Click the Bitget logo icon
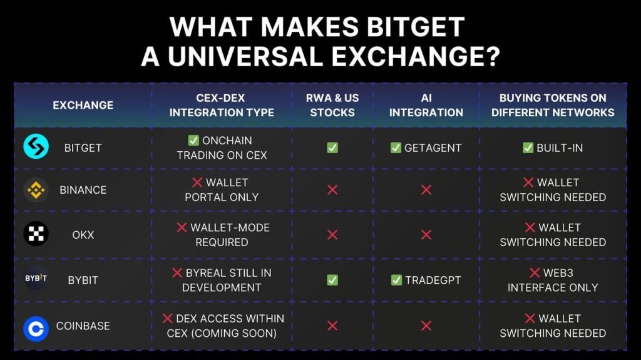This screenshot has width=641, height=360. point(36,146)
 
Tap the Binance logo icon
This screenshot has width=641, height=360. point(36,190)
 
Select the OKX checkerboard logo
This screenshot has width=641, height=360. point(36,234)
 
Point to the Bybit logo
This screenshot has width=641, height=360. point(36,278)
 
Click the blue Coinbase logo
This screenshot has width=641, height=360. point(36,329)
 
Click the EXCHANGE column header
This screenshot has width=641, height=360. point(83,105)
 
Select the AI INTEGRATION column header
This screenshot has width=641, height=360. point(426,105)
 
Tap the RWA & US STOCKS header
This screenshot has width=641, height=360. point(332,105)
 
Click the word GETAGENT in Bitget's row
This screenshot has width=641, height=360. point(433,147)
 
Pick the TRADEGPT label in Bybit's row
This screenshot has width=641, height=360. point(433,280)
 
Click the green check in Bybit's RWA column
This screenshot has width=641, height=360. point(332,280)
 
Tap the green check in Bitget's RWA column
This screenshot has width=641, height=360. point(332,147)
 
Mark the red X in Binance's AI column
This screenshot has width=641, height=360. point(426,190)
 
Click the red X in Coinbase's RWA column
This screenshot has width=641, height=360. point(332,326)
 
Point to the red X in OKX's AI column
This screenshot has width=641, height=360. point(426,235)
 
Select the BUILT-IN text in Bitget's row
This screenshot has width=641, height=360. point(560,147)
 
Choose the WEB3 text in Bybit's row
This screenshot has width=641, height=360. point(558,272)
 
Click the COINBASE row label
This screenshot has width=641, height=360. point(83,326)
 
